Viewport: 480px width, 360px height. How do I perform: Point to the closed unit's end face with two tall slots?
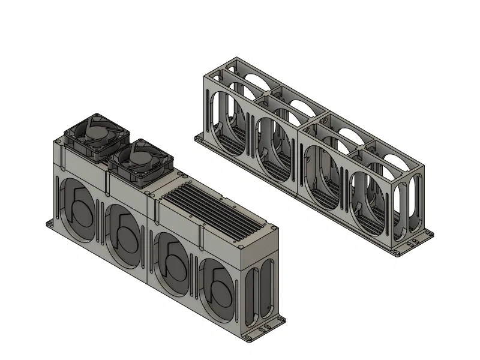(x=262, y=289)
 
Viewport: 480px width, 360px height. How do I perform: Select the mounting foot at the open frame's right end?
(x=413, y=242)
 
